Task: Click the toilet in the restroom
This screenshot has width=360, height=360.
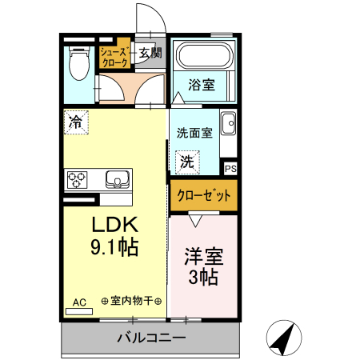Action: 78,63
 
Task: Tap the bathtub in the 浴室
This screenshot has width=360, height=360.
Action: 204,56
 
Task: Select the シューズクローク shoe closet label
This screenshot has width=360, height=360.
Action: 115,57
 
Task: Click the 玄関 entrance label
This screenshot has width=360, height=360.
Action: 150,53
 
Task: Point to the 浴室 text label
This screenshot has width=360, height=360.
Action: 202,85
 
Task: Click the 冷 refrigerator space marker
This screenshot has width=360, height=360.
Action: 76,122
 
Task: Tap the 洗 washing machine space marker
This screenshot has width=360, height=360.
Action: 187,162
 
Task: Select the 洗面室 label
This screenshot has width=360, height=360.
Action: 194,133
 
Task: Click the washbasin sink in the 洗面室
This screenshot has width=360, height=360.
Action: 229,123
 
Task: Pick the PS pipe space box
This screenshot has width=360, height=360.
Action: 230,169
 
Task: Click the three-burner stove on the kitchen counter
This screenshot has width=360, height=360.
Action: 77,180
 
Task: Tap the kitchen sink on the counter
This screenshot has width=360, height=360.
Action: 118,179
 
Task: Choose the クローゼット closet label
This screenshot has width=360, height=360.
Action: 204,195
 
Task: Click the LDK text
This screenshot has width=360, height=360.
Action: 115,225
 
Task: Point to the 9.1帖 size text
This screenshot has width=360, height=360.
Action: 114,246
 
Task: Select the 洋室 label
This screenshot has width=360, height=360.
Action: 204,257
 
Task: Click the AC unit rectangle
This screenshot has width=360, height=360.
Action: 79,311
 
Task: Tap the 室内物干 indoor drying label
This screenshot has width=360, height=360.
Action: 132,301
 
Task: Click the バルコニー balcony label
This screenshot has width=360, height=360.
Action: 151,338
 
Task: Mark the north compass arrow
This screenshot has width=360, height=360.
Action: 284,338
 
